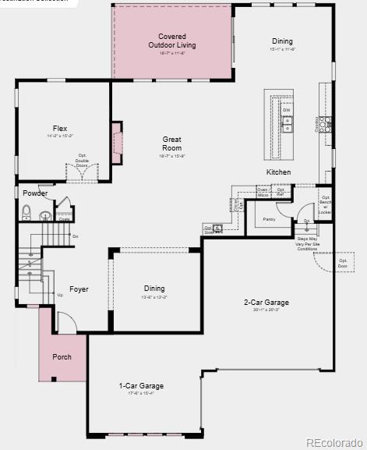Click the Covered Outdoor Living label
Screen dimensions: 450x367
pyautogui.click(x=172, y=41)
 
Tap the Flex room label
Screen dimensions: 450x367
pyautogui.click(x=60, y=129)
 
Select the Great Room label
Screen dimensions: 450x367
pyautogui.click(x=171, y=143)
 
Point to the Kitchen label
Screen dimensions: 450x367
pyautogui.click(x=279, y=172)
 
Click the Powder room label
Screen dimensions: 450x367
pyautogui.click(x=35, y=193)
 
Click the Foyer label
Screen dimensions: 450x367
pyautogui.click(x=79, y=289)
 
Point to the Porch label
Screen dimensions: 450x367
pyautogui.click(x=62, y=357)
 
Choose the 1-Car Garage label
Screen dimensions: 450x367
pyautogui.click(x=141, y=386)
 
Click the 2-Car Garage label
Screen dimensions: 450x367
pyautogui.click(x=266, y=303)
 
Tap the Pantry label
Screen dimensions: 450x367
pyautogui.click(x=270, y=219)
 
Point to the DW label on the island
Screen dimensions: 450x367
pyautogui.click(x=286, y=110)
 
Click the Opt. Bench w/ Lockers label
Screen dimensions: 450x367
pyautogui.click(x=325, y=204)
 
